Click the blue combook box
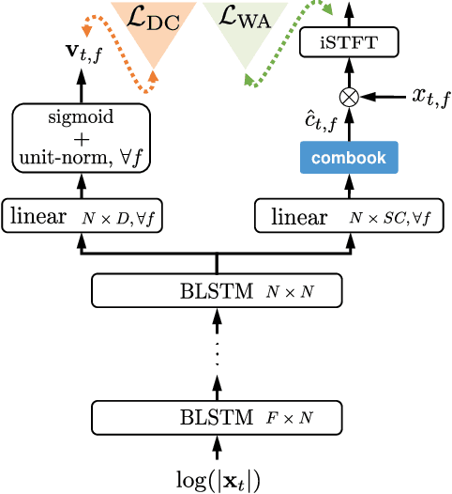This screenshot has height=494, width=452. coord(349,159)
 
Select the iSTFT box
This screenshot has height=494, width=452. coord(349,42)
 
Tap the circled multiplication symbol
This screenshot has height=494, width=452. coord(349,96)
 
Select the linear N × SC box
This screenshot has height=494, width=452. coord(349,217)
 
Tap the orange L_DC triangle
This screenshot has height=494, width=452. coord(153,23)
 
